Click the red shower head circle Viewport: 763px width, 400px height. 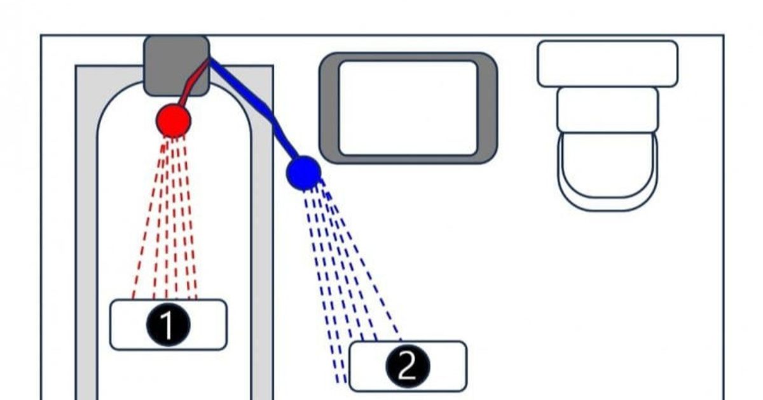point(174,121)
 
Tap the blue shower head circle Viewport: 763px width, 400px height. point(303,173)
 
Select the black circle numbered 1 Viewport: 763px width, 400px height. point(168,325)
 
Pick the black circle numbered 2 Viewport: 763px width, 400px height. point(408,366)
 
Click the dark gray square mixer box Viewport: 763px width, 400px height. point(177,65)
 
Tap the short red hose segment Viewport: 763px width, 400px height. point(193,83)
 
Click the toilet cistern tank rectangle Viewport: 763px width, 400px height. point(608,64)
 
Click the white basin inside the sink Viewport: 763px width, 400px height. point(408,108)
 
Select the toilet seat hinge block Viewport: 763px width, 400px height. point(608,110)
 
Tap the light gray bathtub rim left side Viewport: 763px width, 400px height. point(86,238)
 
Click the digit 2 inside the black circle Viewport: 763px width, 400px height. point(408,365)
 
